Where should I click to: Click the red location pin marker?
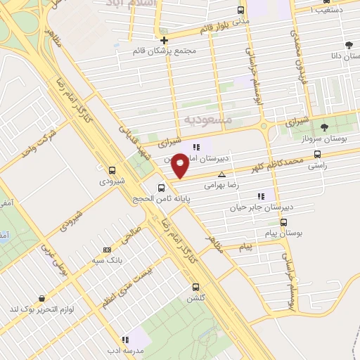click(x=181, y=165)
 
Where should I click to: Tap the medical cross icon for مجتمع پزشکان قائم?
click(x=165, y=40)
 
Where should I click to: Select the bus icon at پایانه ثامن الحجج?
click(x=162, y=188)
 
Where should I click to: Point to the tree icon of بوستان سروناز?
click(x=323, y=127)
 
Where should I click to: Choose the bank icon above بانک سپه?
click(x=107, y=250)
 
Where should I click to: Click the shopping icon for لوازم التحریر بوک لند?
click(x=43, y=298)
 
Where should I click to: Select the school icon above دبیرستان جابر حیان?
click(x=261, y=196)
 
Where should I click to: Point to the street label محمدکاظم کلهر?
click(x=281, y=165)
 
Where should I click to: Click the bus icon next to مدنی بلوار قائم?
click(x=241, y=11)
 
